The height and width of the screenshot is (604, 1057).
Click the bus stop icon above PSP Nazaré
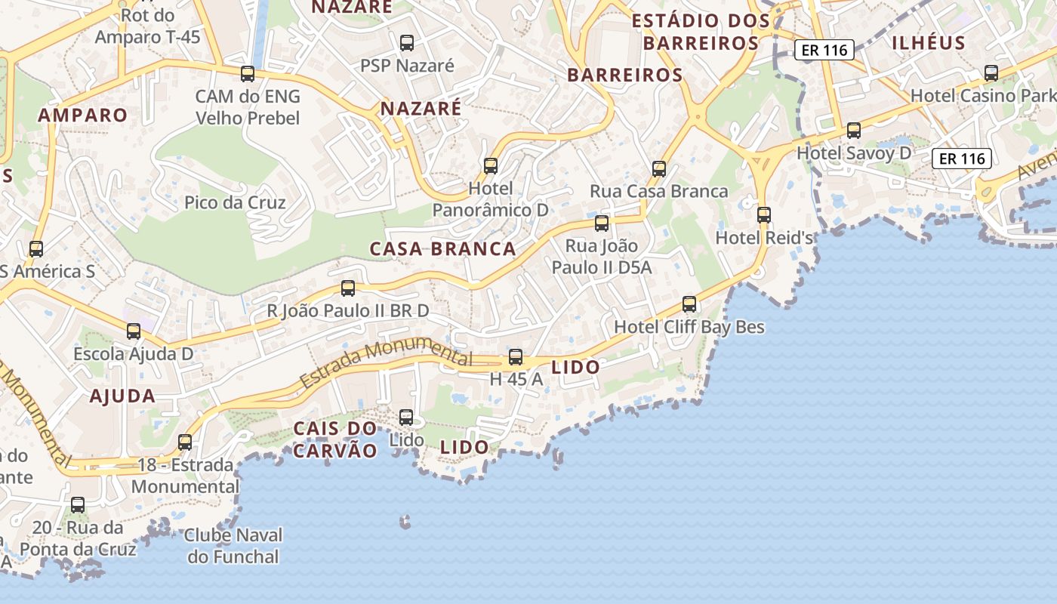point(407,43)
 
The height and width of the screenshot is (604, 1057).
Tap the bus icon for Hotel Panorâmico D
point(491,165)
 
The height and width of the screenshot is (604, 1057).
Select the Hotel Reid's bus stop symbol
point(764,215)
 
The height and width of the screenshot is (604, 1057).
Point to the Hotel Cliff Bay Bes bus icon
point(689,304)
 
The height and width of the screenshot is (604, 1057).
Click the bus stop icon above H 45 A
point(516,357)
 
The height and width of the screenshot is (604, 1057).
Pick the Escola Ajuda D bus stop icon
point(134,331)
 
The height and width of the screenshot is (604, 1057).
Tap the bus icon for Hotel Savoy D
point(854,131)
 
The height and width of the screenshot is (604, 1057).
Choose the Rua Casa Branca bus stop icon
point(659,168)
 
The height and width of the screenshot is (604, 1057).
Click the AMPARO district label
point(83,116)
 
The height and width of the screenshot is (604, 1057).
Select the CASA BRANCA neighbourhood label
point(443,249)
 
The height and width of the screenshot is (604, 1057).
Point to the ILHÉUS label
point(929,42)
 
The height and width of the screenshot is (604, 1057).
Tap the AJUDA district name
point(122,396)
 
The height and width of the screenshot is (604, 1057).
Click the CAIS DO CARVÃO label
point(335,439)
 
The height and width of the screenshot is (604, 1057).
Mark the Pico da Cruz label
point(235,202)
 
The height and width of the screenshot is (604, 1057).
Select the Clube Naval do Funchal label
point(233,546)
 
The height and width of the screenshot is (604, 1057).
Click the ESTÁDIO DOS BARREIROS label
point(700,32)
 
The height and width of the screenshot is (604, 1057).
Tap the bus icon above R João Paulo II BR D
point(348,288)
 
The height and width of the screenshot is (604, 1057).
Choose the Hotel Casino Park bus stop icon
point(991,73)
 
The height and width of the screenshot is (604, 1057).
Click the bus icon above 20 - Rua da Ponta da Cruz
point(78,504)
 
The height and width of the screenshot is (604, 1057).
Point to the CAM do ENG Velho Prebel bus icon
point(248,74)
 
